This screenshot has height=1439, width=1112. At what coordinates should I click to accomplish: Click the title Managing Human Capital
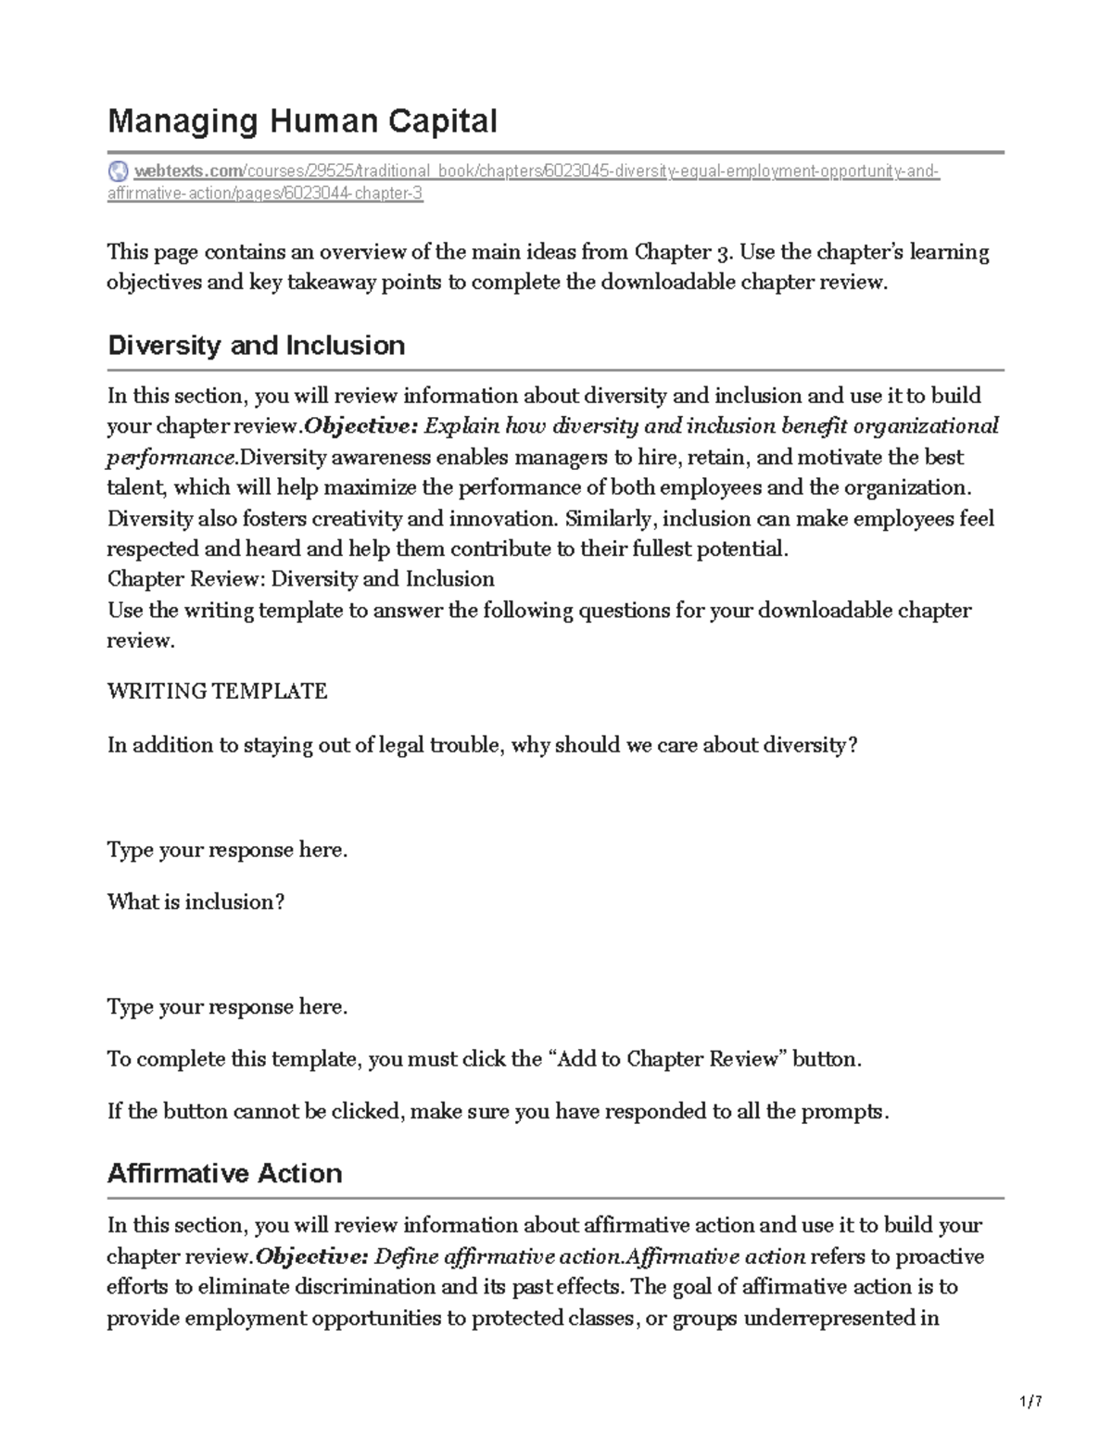tap(302, 121)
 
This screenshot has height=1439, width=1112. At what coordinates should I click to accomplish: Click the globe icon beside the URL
tap(118, 171)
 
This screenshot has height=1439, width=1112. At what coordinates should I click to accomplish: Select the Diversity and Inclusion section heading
tap(256, 346)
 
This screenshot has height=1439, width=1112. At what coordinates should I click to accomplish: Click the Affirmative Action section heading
tap(224, 1174)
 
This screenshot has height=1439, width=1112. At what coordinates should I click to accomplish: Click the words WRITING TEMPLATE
tap(217, 691)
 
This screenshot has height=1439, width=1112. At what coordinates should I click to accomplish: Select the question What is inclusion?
tap(196, 903)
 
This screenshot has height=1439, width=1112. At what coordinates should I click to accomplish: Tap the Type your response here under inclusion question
tap(227, 1007)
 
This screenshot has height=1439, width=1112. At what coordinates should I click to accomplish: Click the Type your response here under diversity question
tap(227, 851)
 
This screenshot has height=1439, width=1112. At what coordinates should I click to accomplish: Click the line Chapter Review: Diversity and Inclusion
tap(300, 579)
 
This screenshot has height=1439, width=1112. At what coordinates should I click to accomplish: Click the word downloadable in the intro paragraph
tap(667, 283)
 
